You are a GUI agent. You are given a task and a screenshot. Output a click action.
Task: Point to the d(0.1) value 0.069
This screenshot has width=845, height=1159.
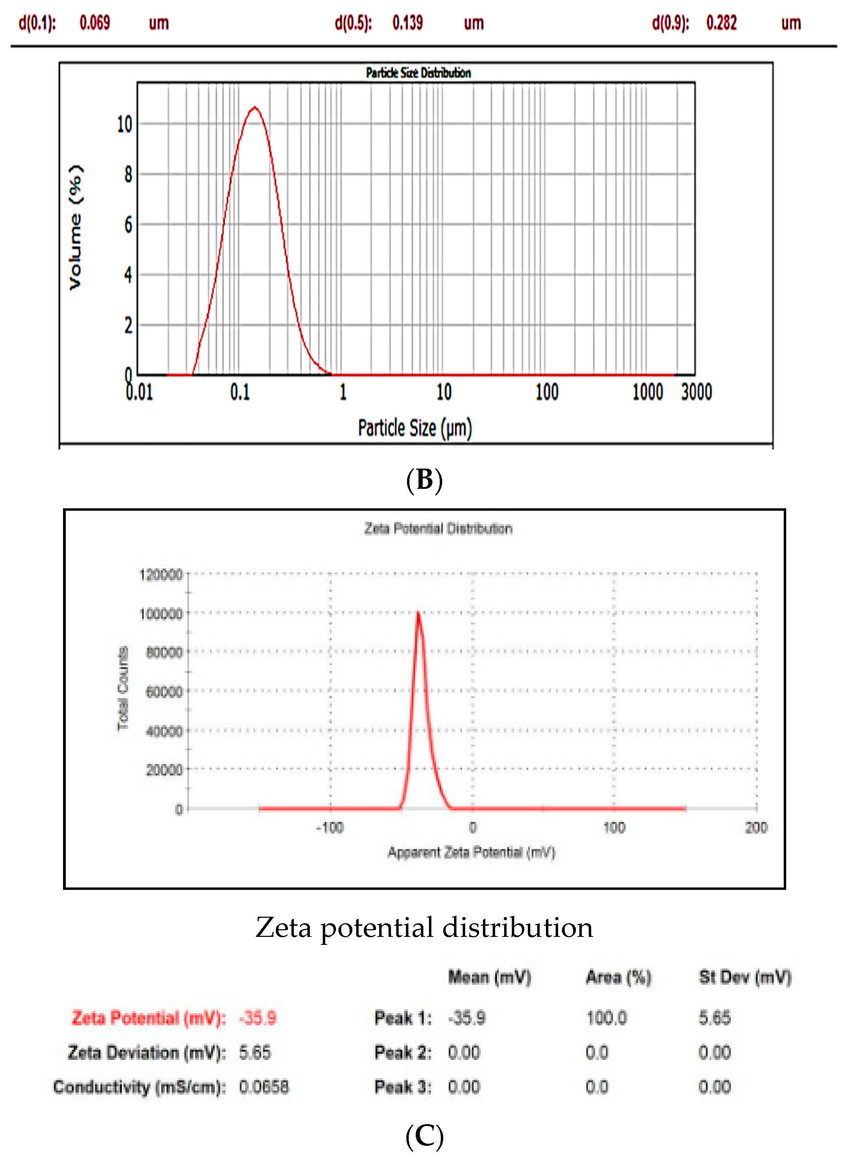tap(95, 23)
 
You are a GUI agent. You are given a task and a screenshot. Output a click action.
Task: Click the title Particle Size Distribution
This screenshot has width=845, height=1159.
tap(418, 73)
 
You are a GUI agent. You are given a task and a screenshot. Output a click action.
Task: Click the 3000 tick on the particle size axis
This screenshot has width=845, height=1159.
tap(696, 392)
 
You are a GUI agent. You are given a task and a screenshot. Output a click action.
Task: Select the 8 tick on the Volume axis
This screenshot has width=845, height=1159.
tap(128, 174)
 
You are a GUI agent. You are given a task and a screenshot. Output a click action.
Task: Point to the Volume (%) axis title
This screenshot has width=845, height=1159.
tap(76, 228)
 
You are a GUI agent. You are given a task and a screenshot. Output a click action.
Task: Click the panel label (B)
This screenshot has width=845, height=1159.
tap(424, 480)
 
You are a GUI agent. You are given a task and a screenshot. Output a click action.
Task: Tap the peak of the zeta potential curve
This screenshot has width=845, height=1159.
tap(418, 613)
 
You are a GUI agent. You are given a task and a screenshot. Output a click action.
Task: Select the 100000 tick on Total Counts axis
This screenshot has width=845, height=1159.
tap(161, 613)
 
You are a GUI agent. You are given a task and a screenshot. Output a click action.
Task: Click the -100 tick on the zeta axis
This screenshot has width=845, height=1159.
tap(330, 828)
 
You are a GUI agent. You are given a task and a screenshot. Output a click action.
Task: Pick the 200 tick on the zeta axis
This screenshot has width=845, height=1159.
tap(756, 828)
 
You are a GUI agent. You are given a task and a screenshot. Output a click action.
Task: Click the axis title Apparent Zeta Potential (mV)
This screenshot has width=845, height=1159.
tap(471, 853)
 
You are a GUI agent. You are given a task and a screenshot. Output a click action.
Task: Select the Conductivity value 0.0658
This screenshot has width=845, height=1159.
tap(264, 1086)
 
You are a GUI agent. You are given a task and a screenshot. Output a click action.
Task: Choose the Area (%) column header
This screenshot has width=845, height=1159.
tap(618, 977)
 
